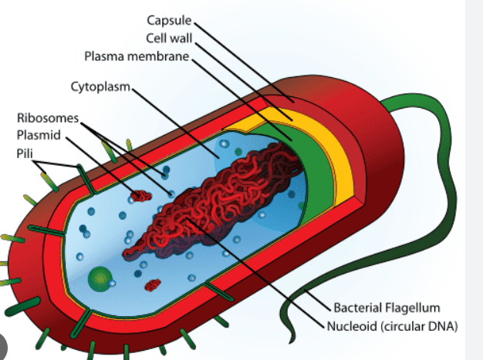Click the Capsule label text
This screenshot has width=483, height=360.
click(x=169, y=21)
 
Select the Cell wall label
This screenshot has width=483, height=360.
click(x=169, y=39)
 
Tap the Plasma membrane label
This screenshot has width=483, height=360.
click(x=137, y=56)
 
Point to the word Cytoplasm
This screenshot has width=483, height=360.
click(x=100, y=87)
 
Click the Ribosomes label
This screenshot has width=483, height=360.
click(x=48, y=118)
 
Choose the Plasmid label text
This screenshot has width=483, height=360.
click(x=39, y=135)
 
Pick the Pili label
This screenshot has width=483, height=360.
click(x=25, y=153)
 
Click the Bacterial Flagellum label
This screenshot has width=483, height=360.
click(x=387, y=308)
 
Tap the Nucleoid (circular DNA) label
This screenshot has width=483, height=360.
click(x=392, y=326)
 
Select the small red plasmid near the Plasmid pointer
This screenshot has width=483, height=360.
click(x=140, y=196)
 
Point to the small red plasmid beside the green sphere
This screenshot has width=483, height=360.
click(x=153, y=285)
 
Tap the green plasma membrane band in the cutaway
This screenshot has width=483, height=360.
click(x=314, y=173)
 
